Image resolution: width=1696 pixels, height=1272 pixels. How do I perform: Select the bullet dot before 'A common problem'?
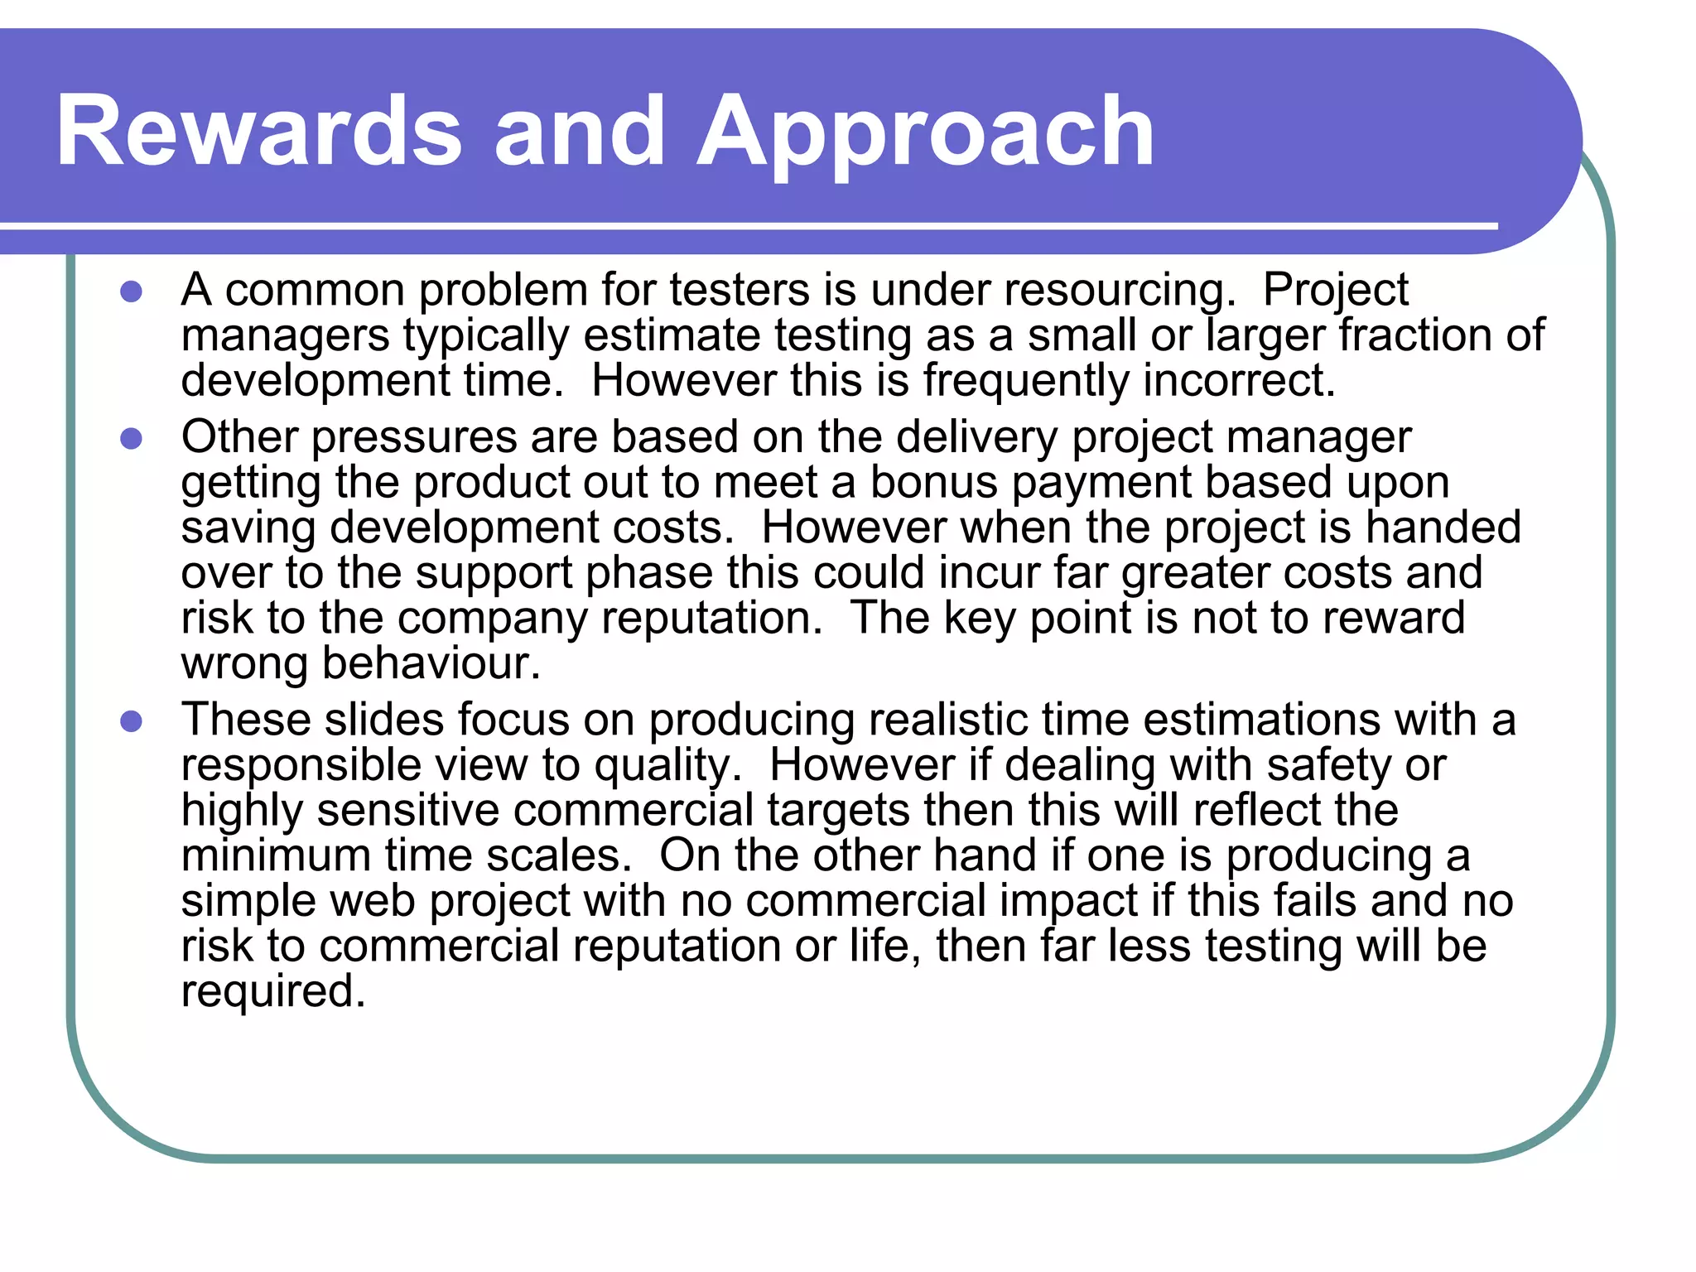(x=131, y=291)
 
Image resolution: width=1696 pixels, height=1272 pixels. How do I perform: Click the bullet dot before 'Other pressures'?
(x=131, y=438)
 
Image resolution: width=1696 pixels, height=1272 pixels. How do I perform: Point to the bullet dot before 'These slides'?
(x=131, y=720)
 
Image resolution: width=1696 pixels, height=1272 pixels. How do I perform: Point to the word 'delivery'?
(x=977, y=437)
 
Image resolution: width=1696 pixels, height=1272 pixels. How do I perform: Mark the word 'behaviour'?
(x=431, y=663)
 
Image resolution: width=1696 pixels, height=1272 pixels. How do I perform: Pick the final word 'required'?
(x=272, y=991)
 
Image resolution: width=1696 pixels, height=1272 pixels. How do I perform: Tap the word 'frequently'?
(x=1026, y=381)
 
